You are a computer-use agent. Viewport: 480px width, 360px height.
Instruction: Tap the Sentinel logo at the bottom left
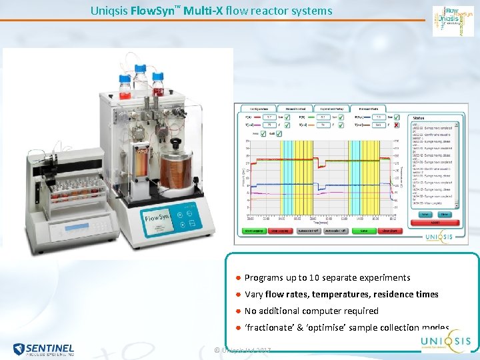[43, 348]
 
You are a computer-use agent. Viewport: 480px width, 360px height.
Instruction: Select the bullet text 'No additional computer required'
[311, 311]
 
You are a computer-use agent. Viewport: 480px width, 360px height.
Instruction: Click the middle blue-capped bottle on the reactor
[141, 79]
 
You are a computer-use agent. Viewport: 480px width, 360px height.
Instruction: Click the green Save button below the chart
[363, 231]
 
